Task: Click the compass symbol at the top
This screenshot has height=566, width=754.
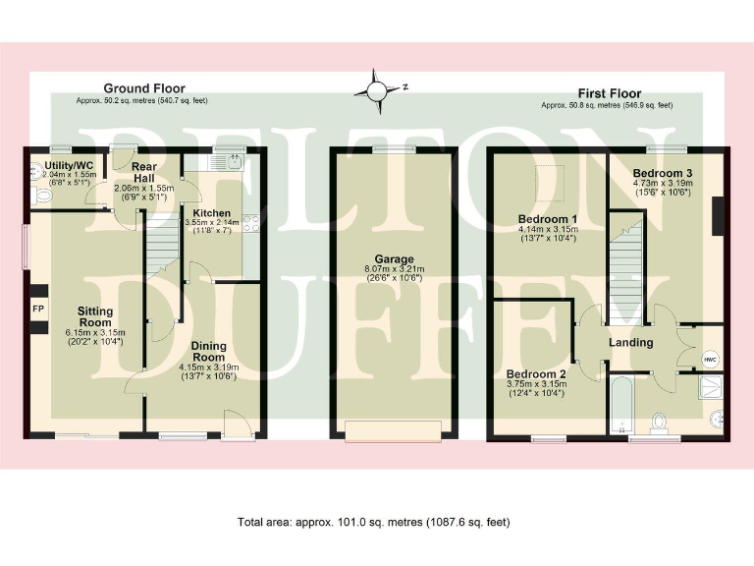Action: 377,89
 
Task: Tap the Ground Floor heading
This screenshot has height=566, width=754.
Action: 144,88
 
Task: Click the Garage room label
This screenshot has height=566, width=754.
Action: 392,259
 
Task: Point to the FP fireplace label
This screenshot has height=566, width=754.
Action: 38,309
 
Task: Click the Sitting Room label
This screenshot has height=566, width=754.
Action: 95,316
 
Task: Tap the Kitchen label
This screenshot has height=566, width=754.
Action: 211,212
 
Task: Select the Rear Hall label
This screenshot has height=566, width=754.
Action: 143,173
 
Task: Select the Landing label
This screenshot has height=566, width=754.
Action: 630,342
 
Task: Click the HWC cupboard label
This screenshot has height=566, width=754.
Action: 710,360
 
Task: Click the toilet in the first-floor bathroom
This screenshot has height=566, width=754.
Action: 660,423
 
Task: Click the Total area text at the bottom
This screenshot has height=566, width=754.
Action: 373,522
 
